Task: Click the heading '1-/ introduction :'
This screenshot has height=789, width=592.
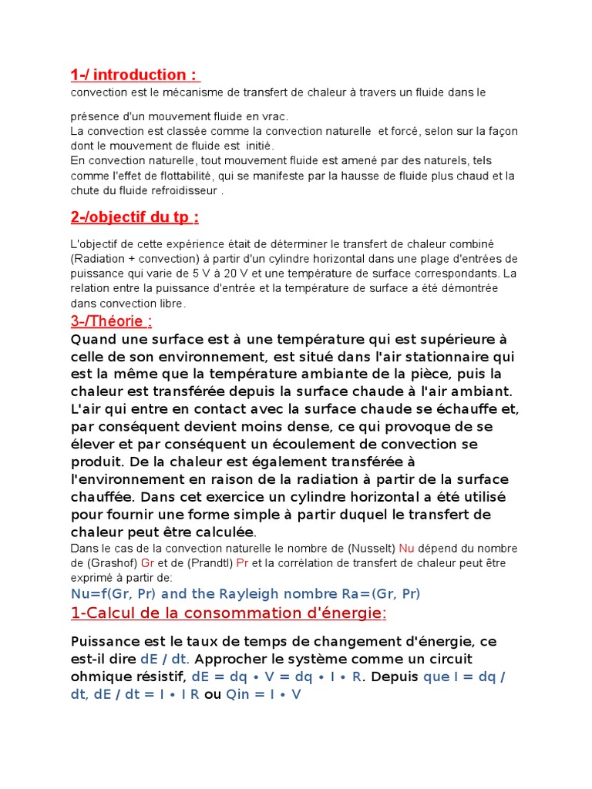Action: [x=135, y=75]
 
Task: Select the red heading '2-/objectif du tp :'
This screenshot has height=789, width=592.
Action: [x=134, y=217]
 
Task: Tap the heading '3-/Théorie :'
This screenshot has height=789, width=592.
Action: [x=116, y=321]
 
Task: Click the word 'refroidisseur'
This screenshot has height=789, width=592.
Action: [x=180, y=191]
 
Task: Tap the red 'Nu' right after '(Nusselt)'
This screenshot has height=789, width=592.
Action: [x=407, y=549]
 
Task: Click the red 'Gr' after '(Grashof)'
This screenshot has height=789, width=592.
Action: [x=148, y=563]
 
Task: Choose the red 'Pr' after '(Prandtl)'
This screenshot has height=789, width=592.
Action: [x=242, y=563]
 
